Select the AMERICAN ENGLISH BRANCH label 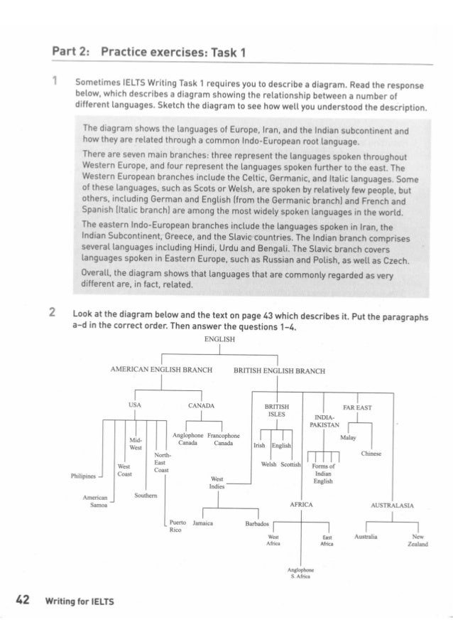[x=154, y=370]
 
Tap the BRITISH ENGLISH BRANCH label [x=279, y=370]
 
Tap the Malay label [x=348, y=438]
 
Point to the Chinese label [x=371, y=454]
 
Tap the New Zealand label [x=420, y=541]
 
